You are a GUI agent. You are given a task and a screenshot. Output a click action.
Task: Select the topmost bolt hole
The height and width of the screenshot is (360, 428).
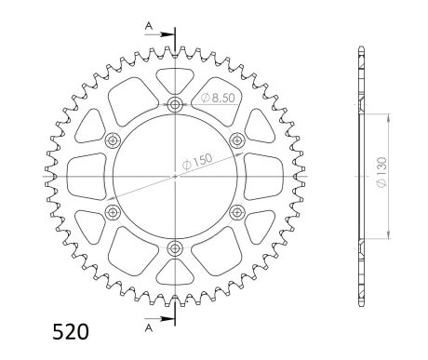click(x=175, y=103)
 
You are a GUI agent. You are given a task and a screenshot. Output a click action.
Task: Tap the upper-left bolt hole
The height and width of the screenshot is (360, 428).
click(x=113, y=140)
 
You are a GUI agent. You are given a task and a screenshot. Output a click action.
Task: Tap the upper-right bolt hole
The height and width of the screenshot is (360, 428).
click(x=237, y=140)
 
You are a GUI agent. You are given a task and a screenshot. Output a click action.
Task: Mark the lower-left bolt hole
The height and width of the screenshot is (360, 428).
click(x=113, y=212)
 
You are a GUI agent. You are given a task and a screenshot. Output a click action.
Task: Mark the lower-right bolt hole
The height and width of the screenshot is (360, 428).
click(x=237, y=212)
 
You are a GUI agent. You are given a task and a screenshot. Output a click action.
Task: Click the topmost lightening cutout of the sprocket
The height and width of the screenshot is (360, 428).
click(x=175, y=78)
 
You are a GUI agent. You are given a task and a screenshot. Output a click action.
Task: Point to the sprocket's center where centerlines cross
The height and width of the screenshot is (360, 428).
click(x=175, y=175)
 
